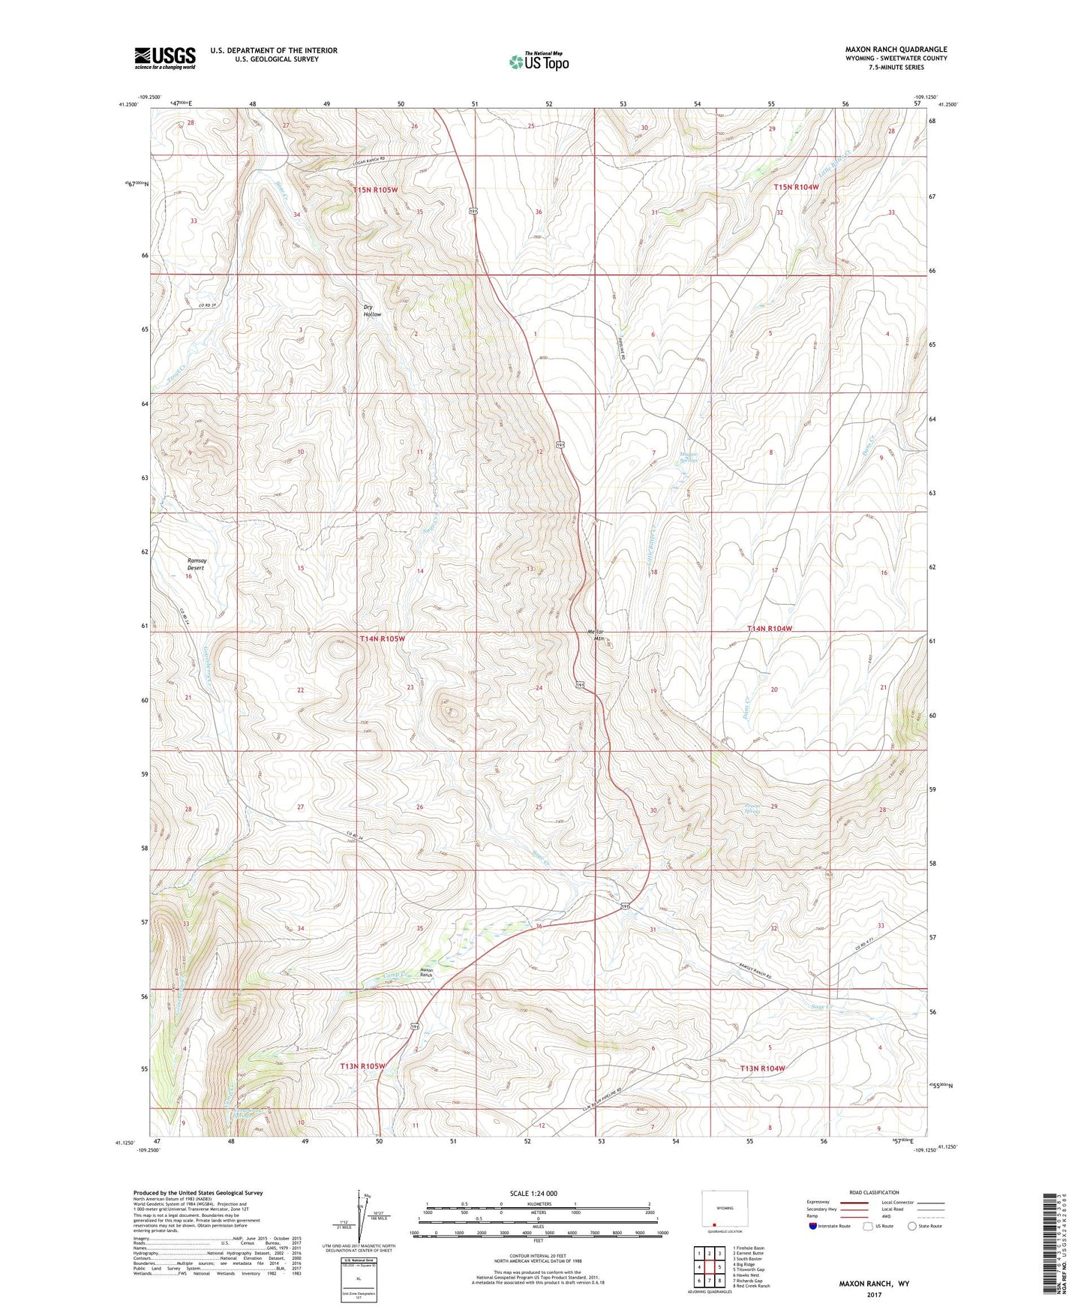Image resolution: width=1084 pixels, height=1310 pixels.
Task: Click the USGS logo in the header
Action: (164, 58)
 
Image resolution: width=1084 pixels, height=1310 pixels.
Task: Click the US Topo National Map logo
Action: (539, 61)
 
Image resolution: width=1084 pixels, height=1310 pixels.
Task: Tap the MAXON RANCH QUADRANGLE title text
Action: (896, 50)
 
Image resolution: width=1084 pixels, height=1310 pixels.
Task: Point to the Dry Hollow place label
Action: (372, 311)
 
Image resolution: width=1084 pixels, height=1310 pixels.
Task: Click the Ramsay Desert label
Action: (197, 564)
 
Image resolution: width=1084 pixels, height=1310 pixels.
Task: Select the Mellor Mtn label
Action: (595, 635)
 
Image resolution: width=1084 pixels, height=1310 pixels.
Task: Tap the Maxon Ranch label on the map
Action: (427, 972)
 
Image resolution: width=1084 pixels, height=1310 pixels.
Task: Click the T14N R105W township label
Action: (382, 638)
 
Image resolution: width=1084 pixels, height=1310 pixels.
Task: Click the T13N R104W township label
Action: (762, 1068)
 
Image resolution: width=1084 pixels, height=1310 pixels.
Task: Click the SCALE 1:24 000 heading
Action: (533, 1193)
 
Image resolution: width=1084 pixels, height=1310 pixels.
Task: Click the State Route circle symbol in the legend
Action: (911, 1226)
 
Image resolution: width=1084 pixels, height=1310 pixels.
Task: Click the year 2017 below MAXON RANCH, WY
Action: (874, 1294)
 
